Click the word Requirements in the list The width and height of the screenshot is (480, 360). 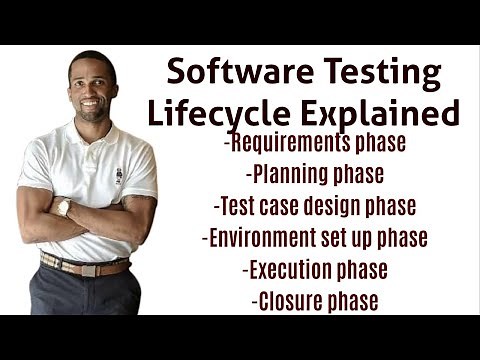point(292,143)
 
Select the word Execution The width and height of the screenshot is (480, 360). point(290,269)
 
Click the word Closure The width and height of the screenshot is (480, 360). point(288,300)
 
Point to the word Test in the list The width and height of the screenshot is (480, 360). point(236,206)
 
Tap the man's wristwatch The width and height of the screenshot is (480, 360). point(63,207)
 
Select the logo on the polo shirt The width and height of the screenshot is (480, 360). point(119,176)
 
